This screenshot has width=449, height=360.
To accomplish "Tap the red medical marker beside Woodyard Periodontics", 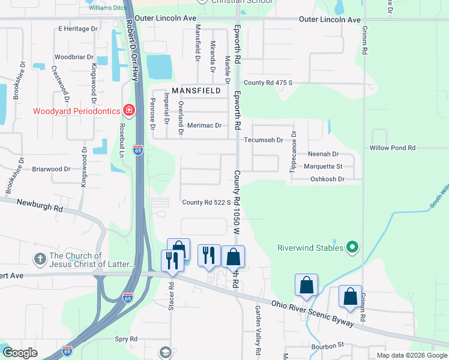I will [128, 110].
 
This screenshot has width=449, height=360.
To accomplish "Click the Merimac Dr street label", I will [204, 125].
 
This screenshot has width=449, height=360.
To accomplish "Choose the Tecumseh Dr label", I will [264, 140].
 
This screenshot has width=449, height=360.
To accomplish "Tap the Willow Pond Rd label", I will [393, 148].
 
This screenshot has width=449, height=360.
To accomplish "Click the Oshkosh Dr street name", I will [327, 179].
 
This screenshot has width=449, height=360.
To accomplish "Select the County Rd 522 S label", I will [206, 203].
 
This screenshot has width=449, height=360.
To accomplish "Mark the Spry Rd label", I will [126, 339].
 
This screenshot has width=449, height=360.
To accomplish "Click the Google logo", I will [20, 353].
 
